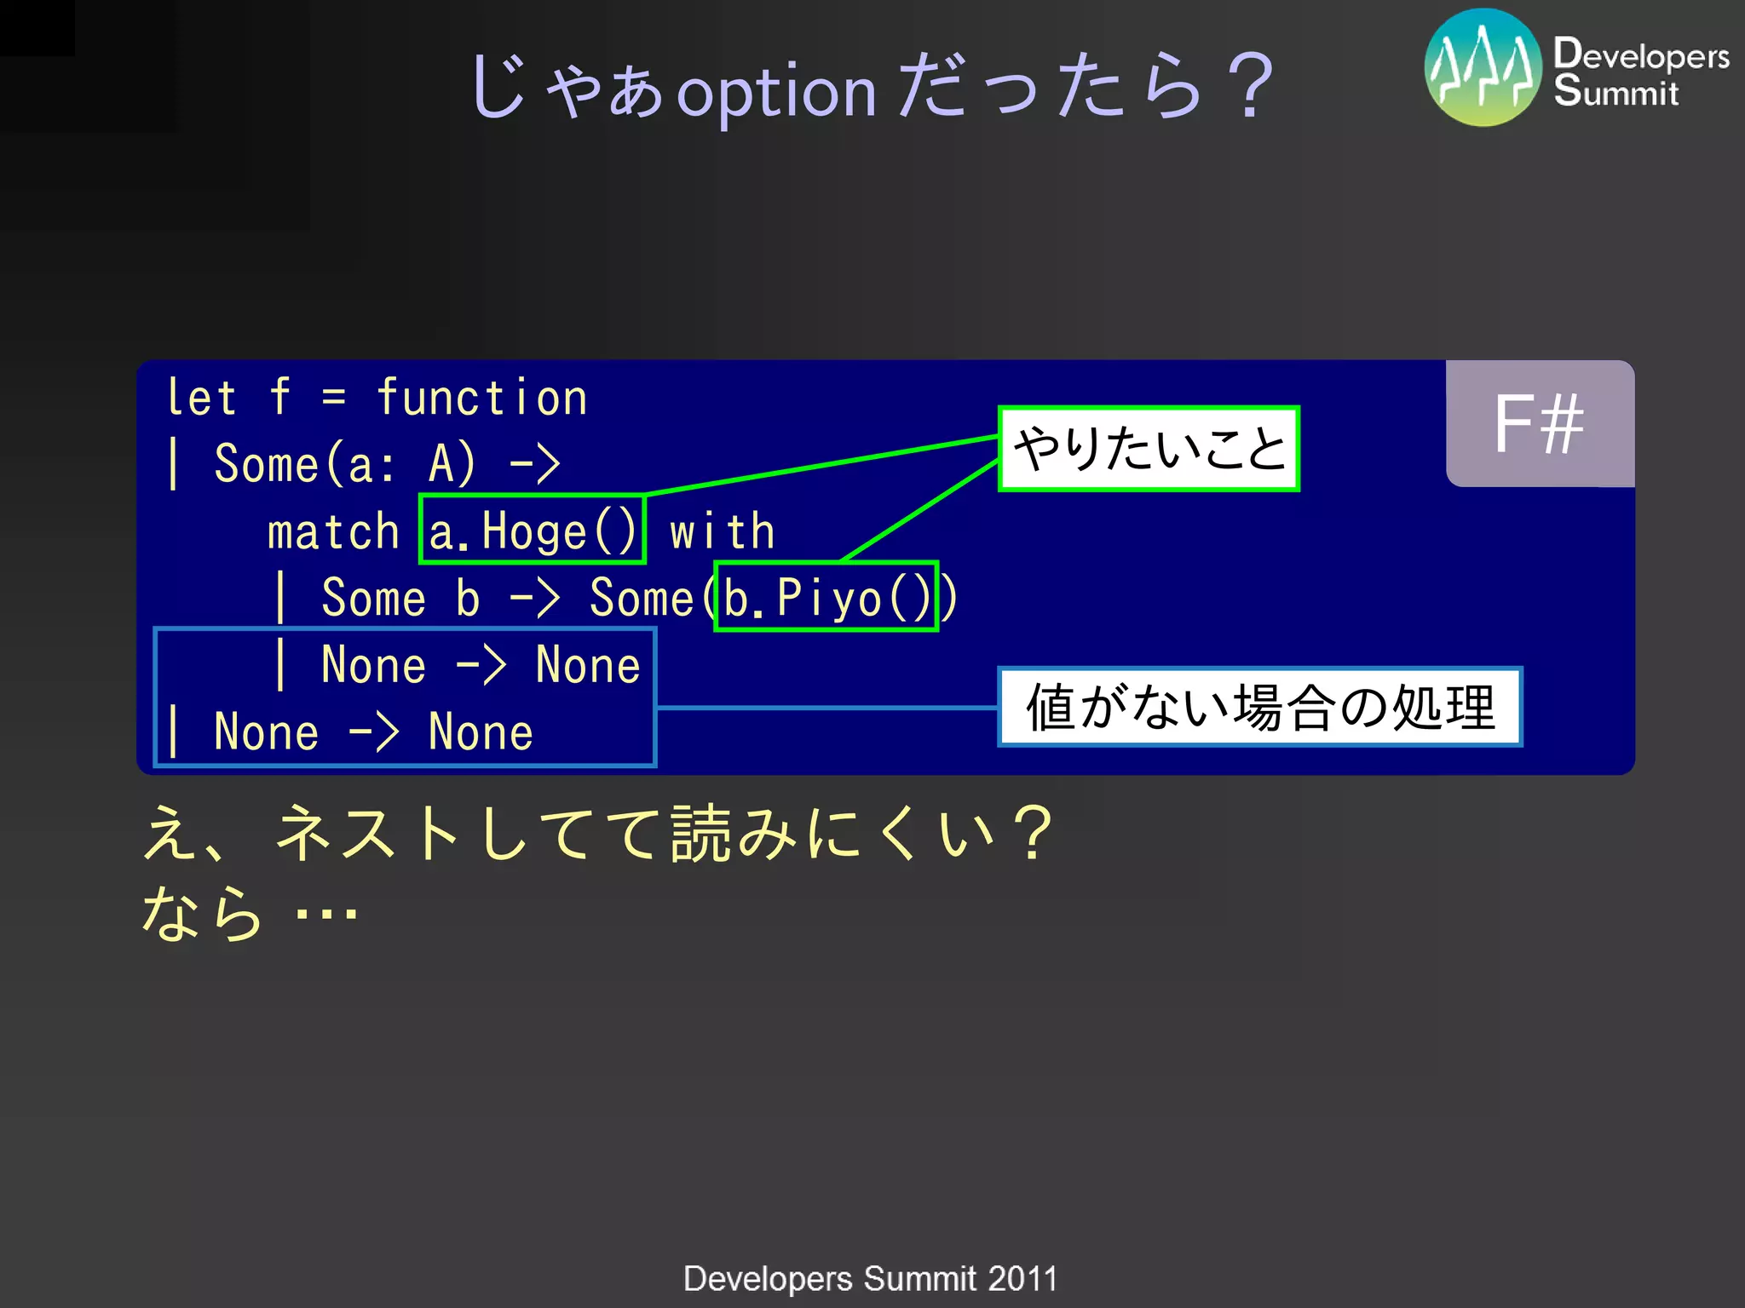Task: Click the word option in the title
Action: [776, 92]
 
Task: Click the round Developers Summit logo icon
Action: [1483, 68]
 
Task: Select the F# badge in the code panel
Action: [1540, 424]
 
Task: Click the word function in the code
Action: [482, 399]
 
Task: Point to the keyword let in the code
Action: [201, 399]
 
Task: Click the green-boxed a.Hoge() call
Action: [533, 530]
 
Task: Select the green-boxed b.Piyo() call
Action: [826, 597]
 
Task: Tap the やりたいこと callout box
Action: [1149, 449]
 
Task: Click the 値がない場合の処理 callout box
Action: [1259, 707]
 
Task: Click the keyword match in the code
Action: [333, 532]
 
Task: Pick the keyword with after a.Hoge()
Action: [723, 532]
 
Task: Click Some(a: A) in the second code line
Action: [344, 465]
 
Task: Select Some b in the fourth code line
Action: [400, 598]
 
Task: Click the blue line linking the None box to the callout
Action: [826, 707]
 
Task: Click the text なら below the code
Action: [202, 913]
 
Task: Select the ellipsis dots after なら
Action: [325, 916]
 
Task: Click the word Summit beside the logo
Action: [1615, 93]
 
